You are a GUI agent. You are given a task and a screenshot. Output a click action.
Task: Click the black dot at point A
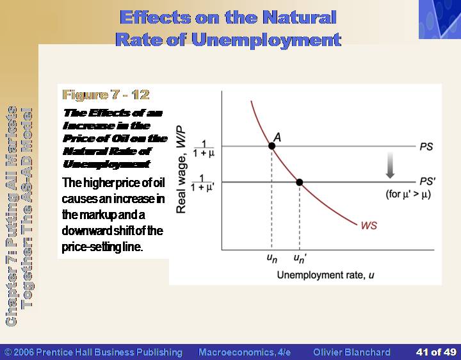(271, 146)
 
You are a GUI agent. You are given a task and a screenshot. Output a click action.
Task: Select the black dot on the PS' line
(299, 183)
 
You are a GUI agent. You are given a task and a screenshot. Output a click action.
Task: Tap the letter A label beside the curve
(277, 137)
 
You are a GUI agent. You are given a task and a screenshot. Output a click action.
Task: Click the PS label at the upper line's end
(426, 147)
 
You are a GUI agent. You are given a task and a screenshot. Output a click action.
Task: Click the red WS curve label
(369, 225)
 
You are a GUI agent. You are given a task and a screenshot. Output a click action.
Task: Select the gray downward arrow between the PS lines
(390, 165)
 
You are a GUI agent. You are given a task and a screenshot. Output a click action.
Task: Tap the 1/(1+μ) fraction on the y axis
(204, 149)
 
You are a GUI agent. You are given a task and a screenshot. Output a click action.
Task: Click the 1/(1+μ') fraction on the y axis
(202, 183)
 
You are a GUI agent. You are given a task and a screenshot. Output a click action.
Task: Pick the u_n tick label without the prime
(272, 258)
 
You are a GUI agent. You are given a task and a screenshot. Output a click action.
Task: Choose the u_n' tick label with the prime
(300, 258)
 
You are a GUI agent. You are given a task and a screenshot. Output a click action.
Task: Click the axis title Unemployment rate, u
(325, 275)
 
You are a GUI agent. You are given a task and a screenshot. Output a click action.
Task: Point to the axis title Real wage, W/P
(181, 169)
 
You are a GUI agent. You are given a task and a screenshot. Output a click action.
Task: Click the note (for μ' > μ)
(408, 194)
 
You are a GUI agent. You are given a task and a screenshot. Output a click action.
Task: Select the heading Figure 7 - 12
(106, 95)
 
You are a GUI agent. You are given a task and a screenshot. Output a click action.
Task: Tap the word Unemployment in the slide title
(266, 40)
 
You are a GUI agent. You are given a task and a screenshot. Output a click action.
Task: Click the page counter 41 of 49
(436, 352)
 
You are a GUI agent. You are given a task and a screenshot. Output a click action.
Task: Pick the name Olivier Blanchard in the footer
(352, 352)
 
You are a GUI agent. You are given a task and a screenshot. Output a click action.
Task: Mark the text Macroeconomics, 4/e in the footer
(245, 352)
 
